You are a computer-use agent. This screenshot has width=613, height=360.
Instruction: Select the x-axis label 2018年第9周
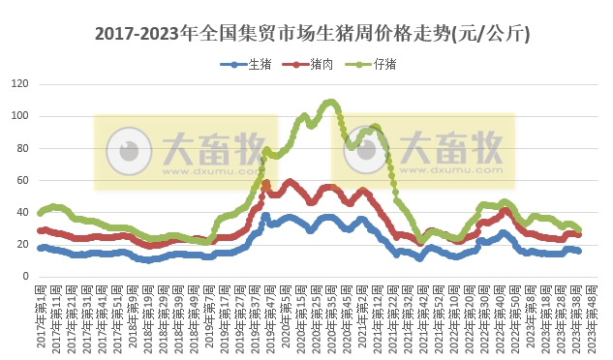coord(134,317)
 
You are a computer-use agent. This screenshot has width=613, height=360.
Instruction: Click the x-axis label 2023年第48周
coord(594,317)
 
